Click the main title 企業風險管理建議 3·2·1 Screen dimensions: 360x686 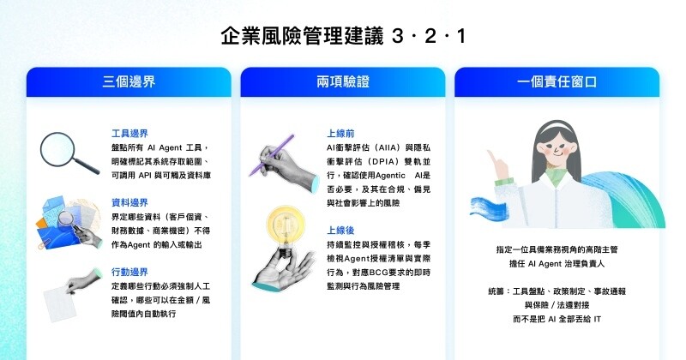[343, 37]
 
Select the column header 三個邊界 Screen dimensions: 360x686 [129, 83]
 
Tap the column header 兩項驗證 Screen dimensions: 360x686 [343, 83]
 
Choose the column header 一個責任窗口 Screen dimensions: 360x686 [557, 83]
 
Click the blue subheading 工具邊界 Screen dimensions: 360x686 [129, 134]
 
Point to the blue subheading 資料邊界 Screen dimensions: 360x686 [129, 203]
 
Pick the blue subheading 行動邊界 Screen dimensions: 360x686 [129, 271]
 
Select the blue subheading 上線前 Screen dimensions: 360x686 [336, 134]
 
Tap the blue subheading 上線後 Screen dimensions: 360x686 [336, 230]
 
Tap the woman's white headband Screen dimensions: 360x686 [557, 128]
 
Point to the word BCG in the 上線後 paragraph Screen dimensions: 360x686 [370, 271]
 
